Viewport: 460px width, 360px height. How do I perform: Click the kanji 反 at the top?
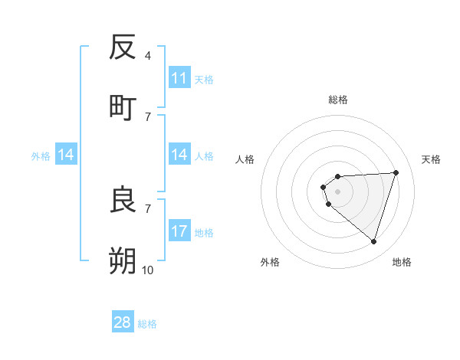pos(123,47)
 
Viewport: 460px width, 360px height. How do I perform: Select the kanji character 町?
pos(123,106)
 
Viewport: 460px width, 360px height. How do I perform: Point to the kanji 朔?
pos(123,260)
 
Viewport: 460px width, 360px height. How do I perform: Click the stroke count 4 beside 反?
pos(147,56)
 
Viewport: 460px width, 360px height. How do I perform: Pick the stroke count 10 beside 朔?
pos(147,270)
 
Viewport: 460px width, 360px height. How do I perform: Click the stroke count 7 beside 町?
pos(147,116)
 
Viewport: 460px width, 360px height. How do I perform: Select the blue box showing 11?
pos(179,78)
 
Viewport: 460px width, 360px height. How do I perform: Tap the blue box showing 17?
pos(179,231)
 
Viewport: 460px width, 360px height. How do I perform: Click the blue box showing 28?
pos(123,322)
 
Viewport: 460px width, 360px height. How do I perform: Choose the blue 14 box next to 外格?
pos(66,155)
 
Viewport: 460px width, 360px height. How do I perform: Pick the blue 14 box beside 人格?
pos(179,155)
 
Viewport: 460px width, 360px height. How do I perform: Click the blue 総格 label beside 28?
pos(147,324)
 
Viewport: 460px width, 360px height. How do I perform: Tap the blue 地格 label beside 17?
pos(204,233)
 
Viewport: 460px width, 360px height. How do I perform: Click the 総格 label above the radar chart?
pos(338,100)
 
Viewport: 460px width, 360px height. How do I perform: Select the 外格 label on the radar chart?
pos(270,262)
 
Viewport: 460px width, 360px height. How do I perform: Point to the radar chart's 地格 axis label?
pos(402,262)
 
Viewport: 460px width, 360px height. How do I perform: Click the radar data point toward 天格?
pos(396,172)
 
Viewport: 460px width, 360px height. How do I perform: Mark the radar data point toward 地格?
pos(373,241)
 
